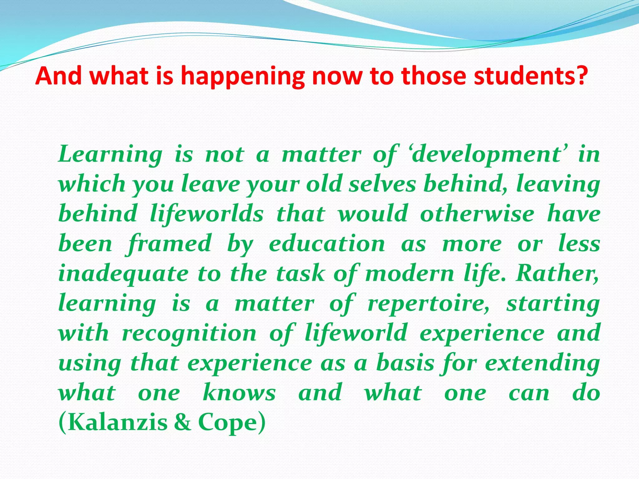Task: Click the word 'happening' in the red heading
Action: (x=243, y=76)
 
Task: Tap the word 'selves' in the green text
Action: (x=383, y=184)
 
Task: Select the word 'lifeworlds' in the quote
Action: (x=207, y=214)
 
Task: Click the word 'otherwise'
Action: (x=477, y=214)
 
